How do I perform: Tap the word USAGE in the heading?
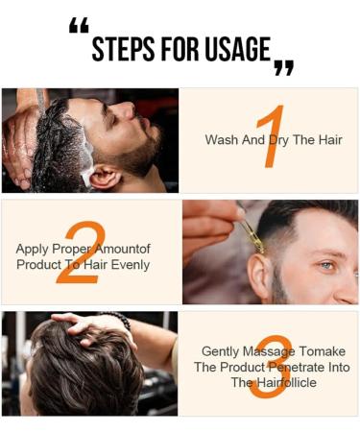point(234,49)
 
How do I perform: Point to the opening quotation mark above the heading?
point(79,26)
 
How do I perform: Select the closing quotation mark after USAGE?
point(283,66)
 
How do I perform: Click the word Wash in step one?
point(221,140)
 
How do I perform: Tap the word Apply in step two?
point(32,249)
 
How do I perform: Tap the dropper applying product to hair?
point(252,232)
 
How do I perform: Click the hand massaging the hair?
point(82,322)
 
